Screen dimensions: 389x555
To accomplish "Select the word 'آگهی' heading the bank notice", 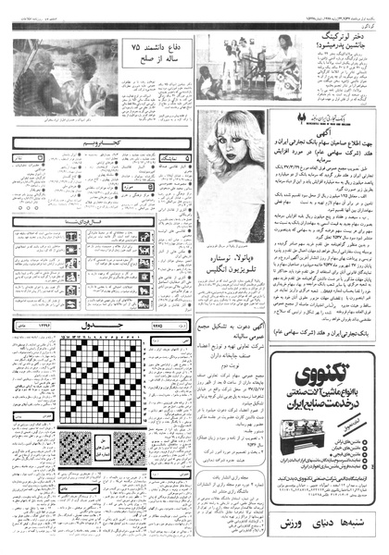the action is pos(320,132).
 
